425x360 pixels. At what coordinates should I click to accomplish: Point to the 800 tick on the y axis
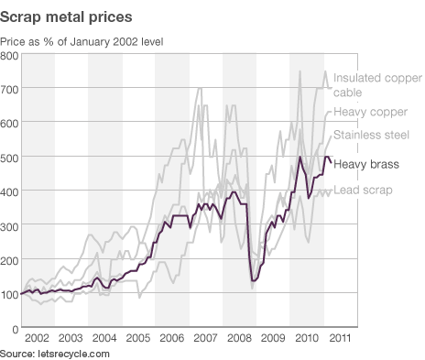[x=10, y=57]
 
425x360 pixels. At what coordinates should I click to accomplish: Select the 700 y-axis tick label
[x=10, y=91]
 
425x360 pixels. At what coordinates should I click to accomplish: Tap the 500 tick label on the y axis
[x=10, y=158]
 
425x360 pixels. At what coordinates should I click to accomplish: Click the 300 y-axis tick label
[x=10, y=226]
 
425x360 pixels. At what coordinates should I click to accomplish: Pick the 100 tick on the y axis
[x=10, y=294]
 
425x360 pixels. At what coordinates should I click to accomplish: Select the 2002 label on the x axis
[x=38, y=339]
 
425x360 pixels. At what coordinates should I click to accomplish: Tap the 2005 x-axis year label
[x=138, y=339]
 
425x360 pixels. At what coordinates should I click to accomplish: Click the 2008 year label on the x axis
[x=239, y=339]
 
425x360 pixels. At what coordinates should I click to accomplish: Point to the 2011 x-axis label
[x=340, y=339]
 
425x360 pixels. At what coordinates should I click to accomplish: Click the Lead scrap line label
[x=364, y=191]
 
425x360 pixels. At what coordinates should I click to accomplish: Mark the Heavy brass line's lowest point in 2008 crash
[x=253, y=280]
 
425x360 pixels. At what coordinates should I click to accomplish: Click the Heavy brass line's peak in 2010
[x=300, y=158]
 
